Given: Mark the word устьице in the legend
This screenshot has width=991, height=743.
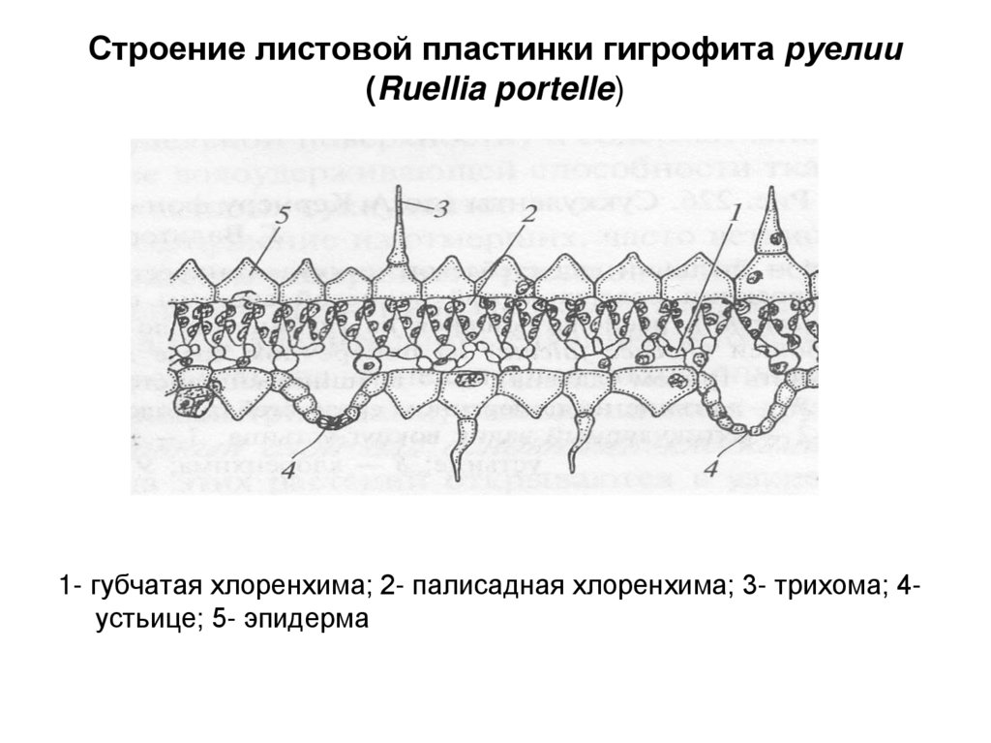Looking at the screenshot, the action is [x=136, y=618].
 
